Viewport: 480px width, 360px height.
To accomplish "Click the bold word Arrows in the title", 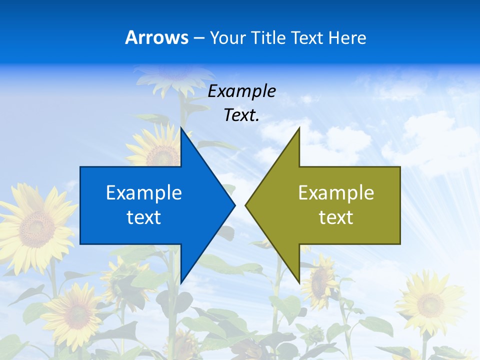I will [156, 37].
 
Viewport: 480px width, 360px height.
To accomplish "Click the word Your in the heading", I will [227, 37].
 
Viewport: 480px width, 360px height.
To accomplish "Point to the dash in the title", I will [199, 38].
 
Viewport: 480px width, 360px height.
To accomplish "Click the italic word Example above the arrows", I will [241, 91].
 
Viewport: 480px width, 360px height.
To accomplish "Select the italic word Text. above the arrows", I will [241, 115].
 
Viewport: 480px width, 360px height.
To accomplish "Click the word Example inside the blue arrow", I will [144, 192].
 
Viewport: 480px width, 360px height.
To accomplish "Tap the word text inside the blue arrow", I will [144, 217].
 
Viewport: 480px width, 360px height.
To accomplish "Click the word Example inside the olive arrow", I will [336, 192].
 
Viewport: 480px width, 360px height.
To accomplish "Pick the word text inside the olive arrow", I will [336, 217].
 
